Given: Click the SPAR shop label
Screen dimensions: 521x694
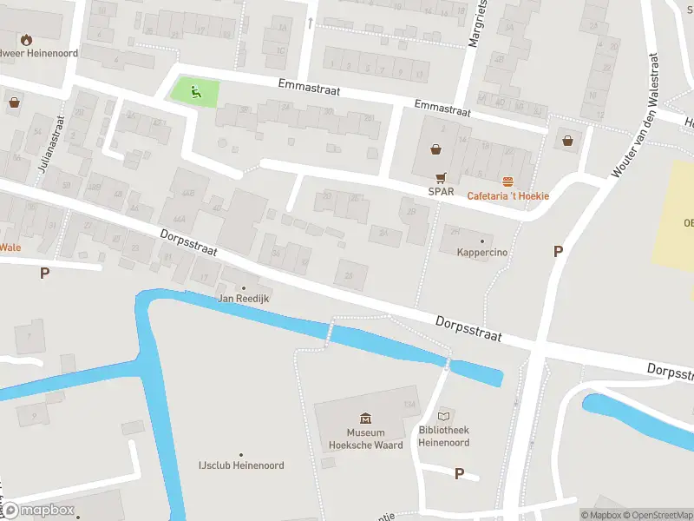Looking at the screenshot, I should tap(441, 192).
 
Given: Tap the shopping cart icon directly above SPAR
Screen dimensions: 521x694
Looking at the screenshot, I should tap(441, 175).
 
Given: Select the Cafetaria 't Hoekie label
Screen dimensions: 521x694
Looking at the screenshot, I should tap(508, 195).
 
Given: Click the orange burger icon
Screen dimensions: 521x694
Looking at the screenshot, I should tap(508, 181).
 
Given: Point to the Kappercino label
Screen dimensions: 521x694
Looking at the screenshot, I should tap(481, 253).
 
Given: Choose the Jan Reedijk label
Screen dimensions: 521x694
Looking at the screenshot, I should tap(242, 299).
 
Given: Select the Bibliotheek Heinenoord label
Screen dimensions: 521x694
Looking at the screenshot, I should tap(444, 437).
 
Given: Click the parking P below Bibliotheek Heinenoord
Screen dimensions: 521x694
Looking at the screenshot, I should tap(459, 473).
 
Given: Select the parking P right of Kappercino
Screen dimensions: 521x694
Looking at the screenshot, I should tap(558, 251).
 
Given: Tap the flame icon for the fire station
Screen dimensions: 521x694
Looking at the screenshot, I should tap(27, 39).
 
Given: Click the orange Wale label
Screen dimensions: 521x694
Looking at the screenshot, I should tap(10, 247).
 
